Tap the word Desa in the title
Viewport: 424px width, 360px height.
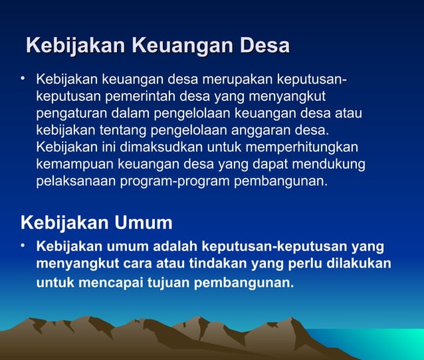pos(265,46)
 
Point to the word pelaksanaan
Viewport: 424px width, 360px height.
pos(76,181)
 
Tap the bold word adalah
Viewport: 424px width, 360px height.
pos(175,246)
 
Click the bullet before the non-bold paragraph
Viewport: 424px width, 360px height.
pos(23,80)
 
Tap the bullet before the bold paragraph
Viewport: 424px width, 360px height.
pos(23,246)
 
